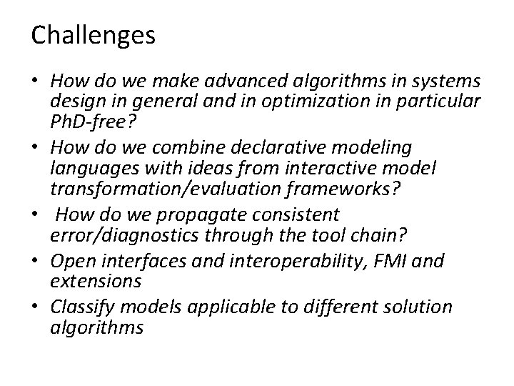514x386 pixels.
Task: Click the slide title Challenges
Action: click(x=93, y=35)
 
